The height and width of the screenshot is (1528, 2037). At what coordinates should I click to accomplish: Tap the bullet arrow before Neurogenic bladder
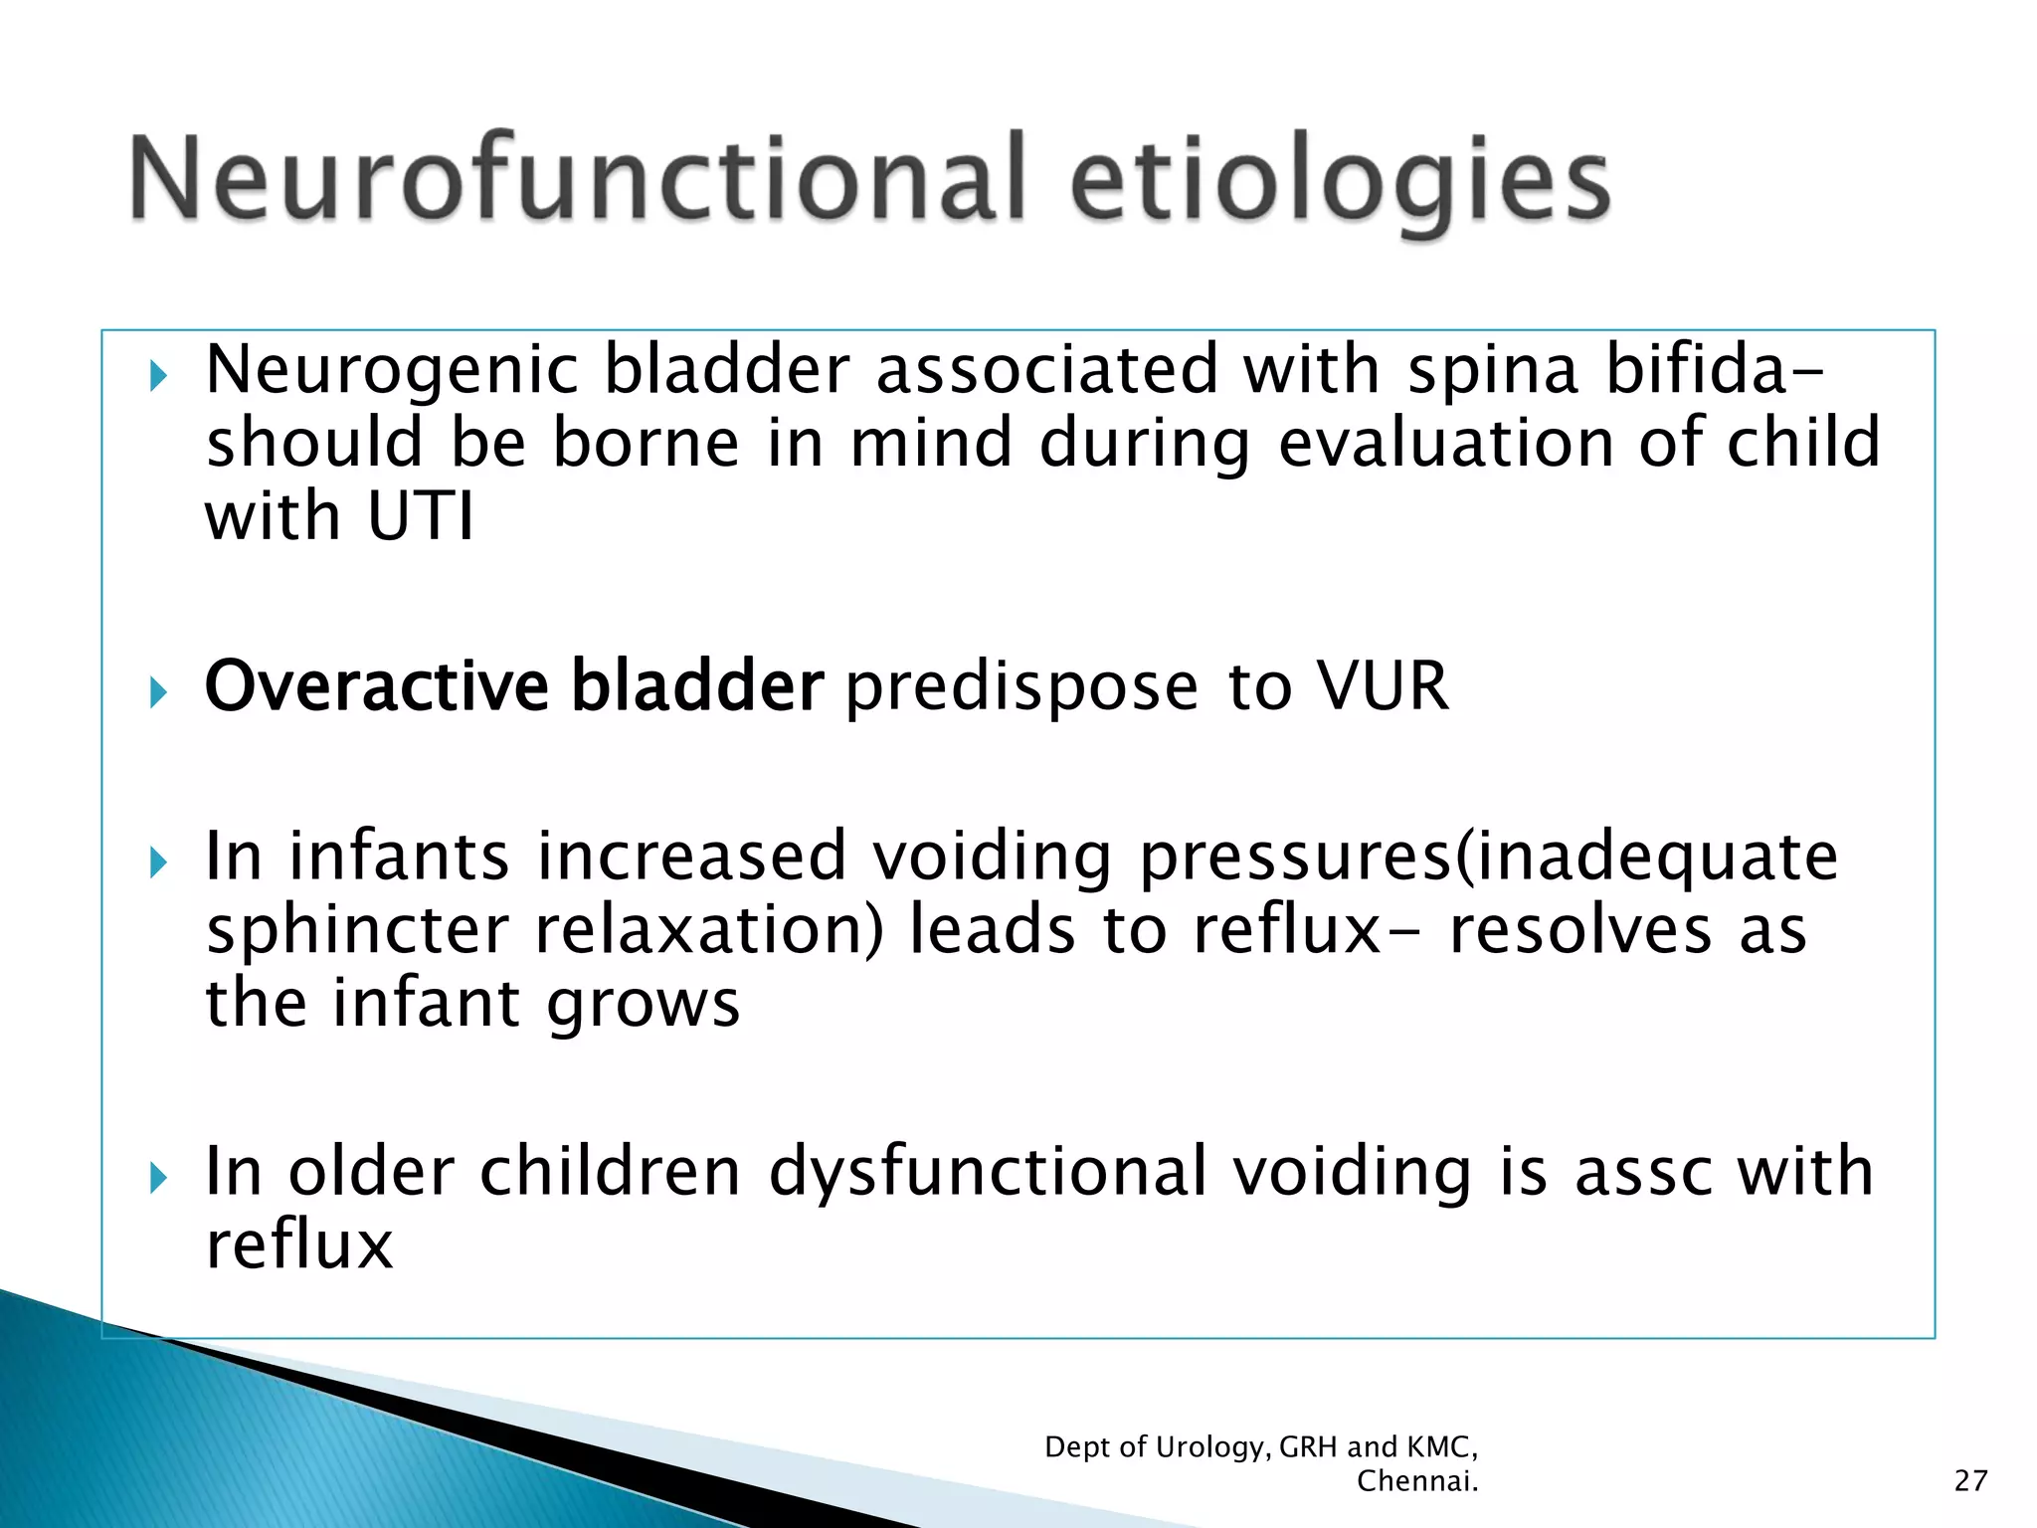(157, 377)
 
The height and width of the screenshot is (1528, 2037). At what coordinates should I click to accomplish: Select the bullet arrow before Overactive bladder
(157, 692)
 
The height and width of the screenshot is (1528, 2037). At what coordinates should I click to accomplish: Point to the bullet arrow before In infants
(157, 862)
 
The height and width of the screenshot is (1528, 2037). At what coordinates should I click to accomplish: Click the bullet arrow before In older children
(157, 1179)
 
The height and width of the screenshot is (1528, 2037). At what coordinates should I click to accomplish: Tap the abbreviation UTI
(420, 517)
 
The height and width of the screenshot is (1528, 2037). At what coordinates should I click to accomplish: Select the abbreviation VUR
(1383, 686)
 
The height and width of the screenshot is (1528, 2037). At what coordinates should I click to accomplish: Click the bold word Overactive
(376, 686)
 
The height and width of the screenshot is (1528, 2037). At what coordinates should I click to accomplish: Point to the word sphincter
(356, 931)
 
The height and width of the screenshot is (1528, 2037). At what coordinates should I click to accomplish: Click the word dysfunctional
(987, 1172)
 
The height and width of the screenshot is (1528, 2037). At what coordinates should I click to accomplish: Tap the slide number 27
(1970, 1481)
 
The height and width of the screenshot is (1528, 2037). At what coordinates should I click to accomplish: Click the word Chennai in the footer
(1416, 1481)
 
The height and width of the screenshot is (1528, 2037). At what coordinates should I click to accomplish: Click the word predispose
(1021, 688)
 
